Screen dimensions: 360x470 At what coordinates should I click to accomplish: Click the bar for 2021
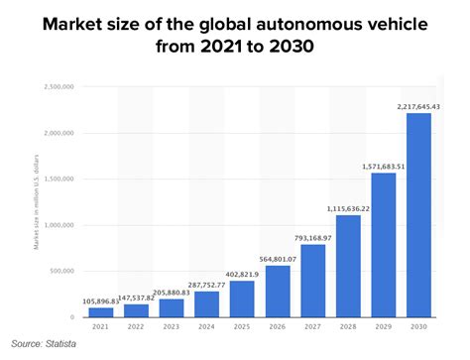pos(100,312)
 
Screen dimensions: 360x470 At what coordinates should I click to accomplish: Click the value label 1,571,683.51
pos(382,166)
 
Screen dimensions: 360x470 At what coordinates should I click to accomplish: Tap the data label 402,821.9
pos(241,274)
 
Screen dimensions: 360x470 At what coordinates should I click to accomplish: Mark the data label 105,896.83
pos(100,300)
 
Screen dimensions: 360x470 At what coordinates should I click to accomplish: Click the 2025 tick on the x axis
pos(241,325)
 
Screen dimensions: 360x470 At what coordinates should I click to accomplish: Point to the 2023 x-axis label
pos(171,325)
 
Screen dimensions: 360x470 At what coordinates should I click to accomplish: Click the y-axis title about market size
pos(36,202)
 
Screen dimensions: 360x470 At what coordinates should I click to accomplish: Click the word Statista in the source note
pos(59,344)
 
